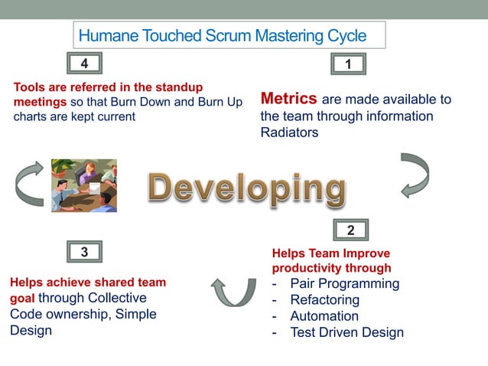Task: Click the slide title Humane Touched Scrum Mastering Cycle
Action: (x=222, y=36)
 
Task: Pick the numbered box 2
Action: (x=350, y=230)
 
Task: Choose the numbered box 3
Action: (x=84, y=251)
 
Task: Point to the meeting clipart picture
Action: (x=83, y=185)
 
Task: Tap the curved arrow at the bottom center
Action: (x=234, y=291)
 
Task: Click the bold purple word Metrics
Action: (x=288, y=99)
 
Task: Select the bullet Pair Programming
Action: (x=344, y=284)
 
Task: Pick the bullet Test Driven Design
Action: (x=346, y=332)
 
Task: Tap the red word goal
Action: (x=22, y=299)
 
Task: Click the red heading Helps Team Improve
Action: (x=330, y=253)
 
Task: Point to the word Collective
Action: (x=112, y=298)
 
